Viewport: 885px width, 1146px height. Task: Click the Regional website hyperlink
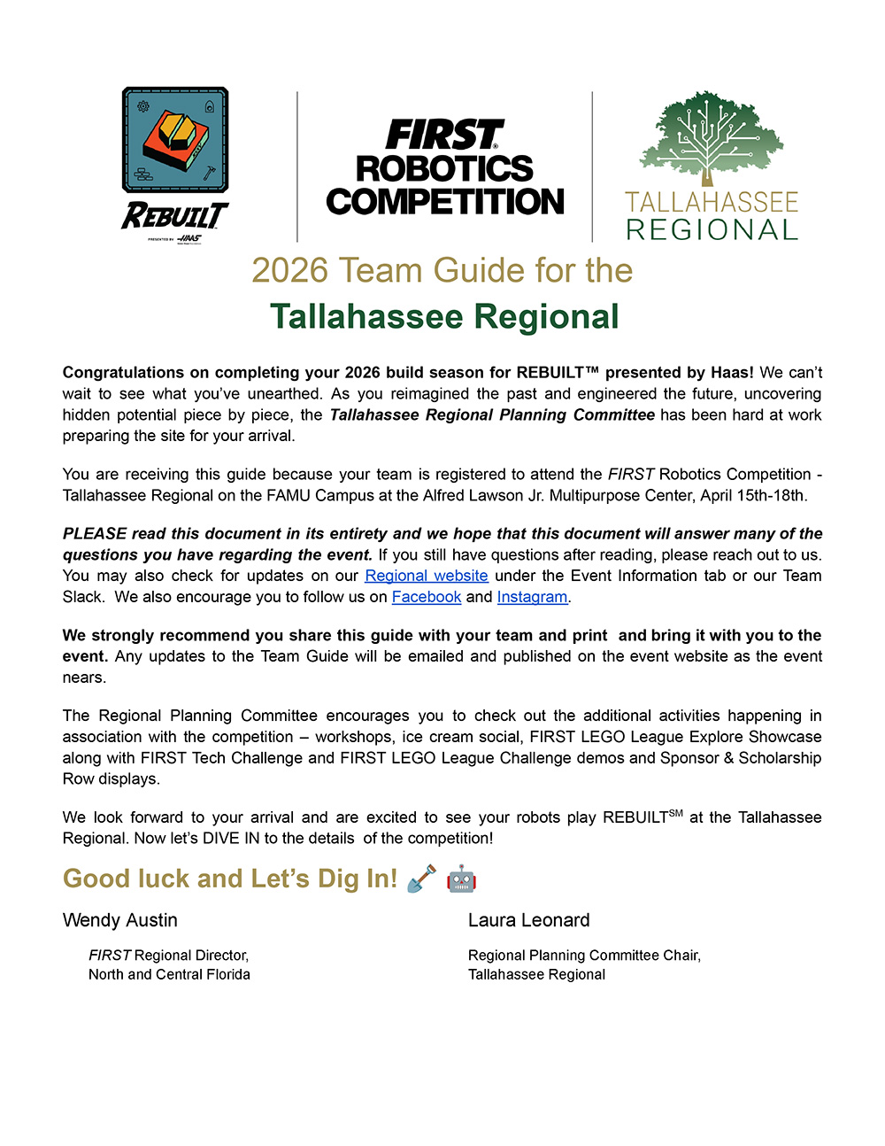[426, 576]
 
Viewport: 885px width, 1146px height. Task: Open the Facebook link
[427, 597]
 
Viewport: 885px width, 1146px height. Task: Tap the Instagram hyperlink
[532, 597]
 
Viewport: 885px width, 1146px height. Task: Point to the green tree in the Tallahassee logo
[712, 137]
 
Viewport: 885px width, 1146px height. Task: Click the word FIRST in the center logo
[444, 136]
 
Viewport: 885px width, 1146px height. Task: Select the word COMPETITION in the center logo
[444, 202]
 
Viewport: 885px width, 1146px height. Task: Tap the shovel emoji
[421, 879]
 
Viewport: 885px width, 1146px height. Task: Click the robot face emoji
[461, 879]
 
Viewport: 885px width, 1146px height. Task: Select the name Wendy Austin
[120, 920]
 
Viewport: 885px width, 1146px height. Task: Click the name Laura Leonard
[528, 920]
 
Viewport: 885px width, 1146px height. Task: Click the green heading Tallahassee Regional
[444, 317]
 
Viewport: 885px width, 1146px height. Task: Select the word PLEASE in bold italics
[95, 534]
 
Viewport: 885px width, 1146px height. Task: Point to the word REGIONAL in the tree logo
[712, 230]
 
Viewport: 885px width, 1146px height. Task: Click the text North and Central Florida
[169, 974]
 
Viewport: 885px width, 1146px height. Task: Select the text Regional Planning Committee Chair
[583, 956]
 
